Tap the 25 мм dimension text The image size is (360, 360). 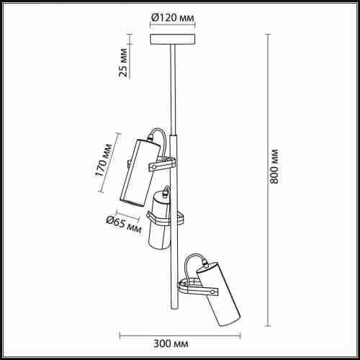coord(124,63)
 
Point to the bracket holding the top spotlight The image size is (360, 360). coord(163,166)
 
